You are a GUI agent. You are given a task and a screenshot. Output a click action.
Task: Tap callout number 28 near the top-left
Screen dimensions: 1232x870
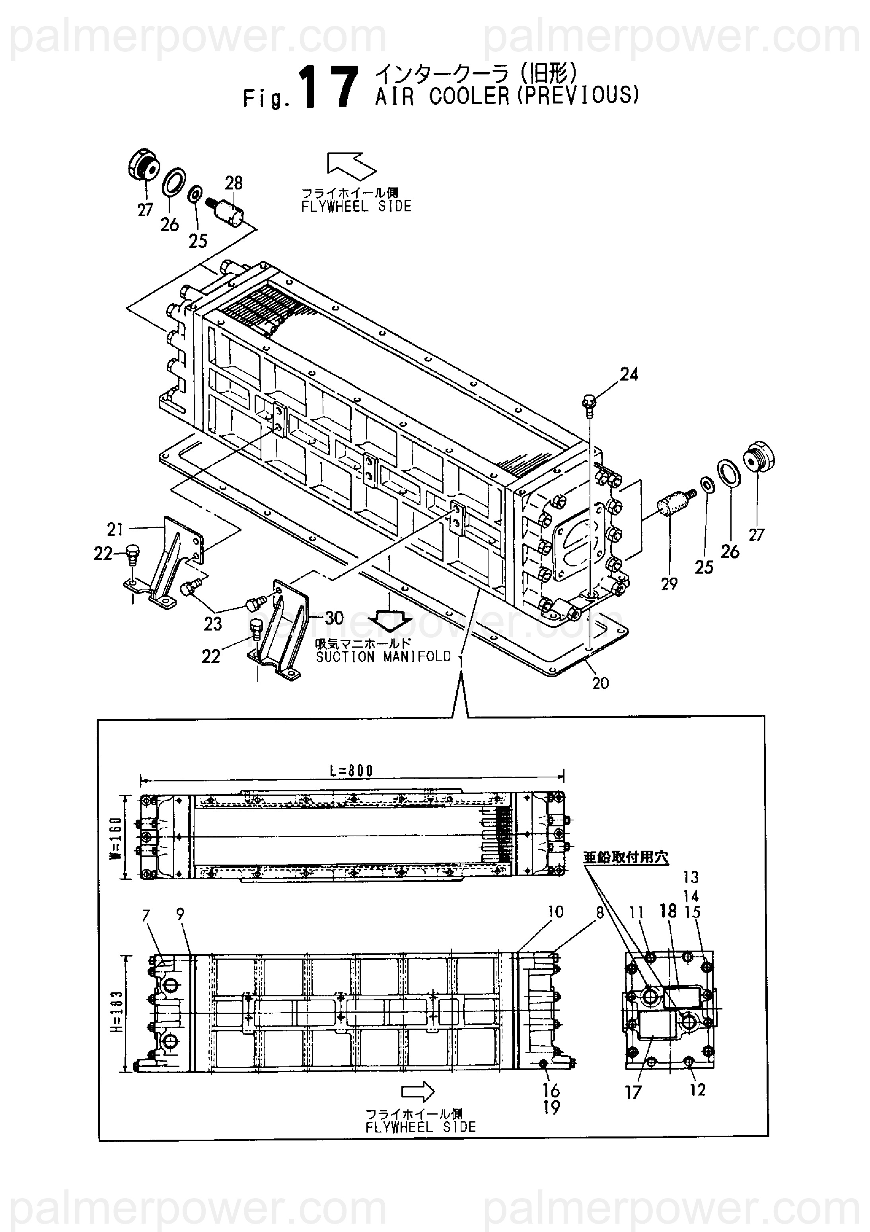click(x=234, y=183)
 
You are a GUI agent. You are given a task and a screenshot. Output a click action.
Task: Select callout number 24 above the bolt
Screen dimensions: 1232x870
click(x=629, y=374)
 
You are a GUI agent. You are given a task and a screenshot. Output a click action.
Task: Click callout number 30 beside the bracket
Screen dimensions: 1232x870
click(x=334, y=618)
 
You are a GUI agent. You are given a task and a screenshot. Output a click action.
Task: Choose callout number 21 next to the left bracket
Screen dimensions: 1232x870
click(x=115, y=529)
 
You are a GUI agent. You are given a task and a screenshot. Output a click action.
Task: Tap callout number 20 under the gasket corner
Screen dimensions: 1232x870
click(x=600, y=683)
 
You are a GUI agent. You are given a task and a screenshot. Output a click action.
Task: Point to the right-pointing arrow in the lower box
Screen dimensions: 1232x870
click(x=418, y=1091)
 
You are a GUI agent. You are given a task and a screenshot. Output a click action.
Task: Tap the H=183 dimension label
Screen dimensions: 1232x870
click(x=117, y=1011)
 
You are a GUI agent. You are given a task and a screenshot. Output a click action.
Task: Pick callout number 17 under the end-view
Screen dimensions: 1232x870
click(x=633, y=1092)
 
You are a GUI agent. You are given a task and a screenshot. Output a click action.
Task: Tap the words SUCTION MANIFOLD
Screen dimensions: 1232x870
click(x=383, y=657)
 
